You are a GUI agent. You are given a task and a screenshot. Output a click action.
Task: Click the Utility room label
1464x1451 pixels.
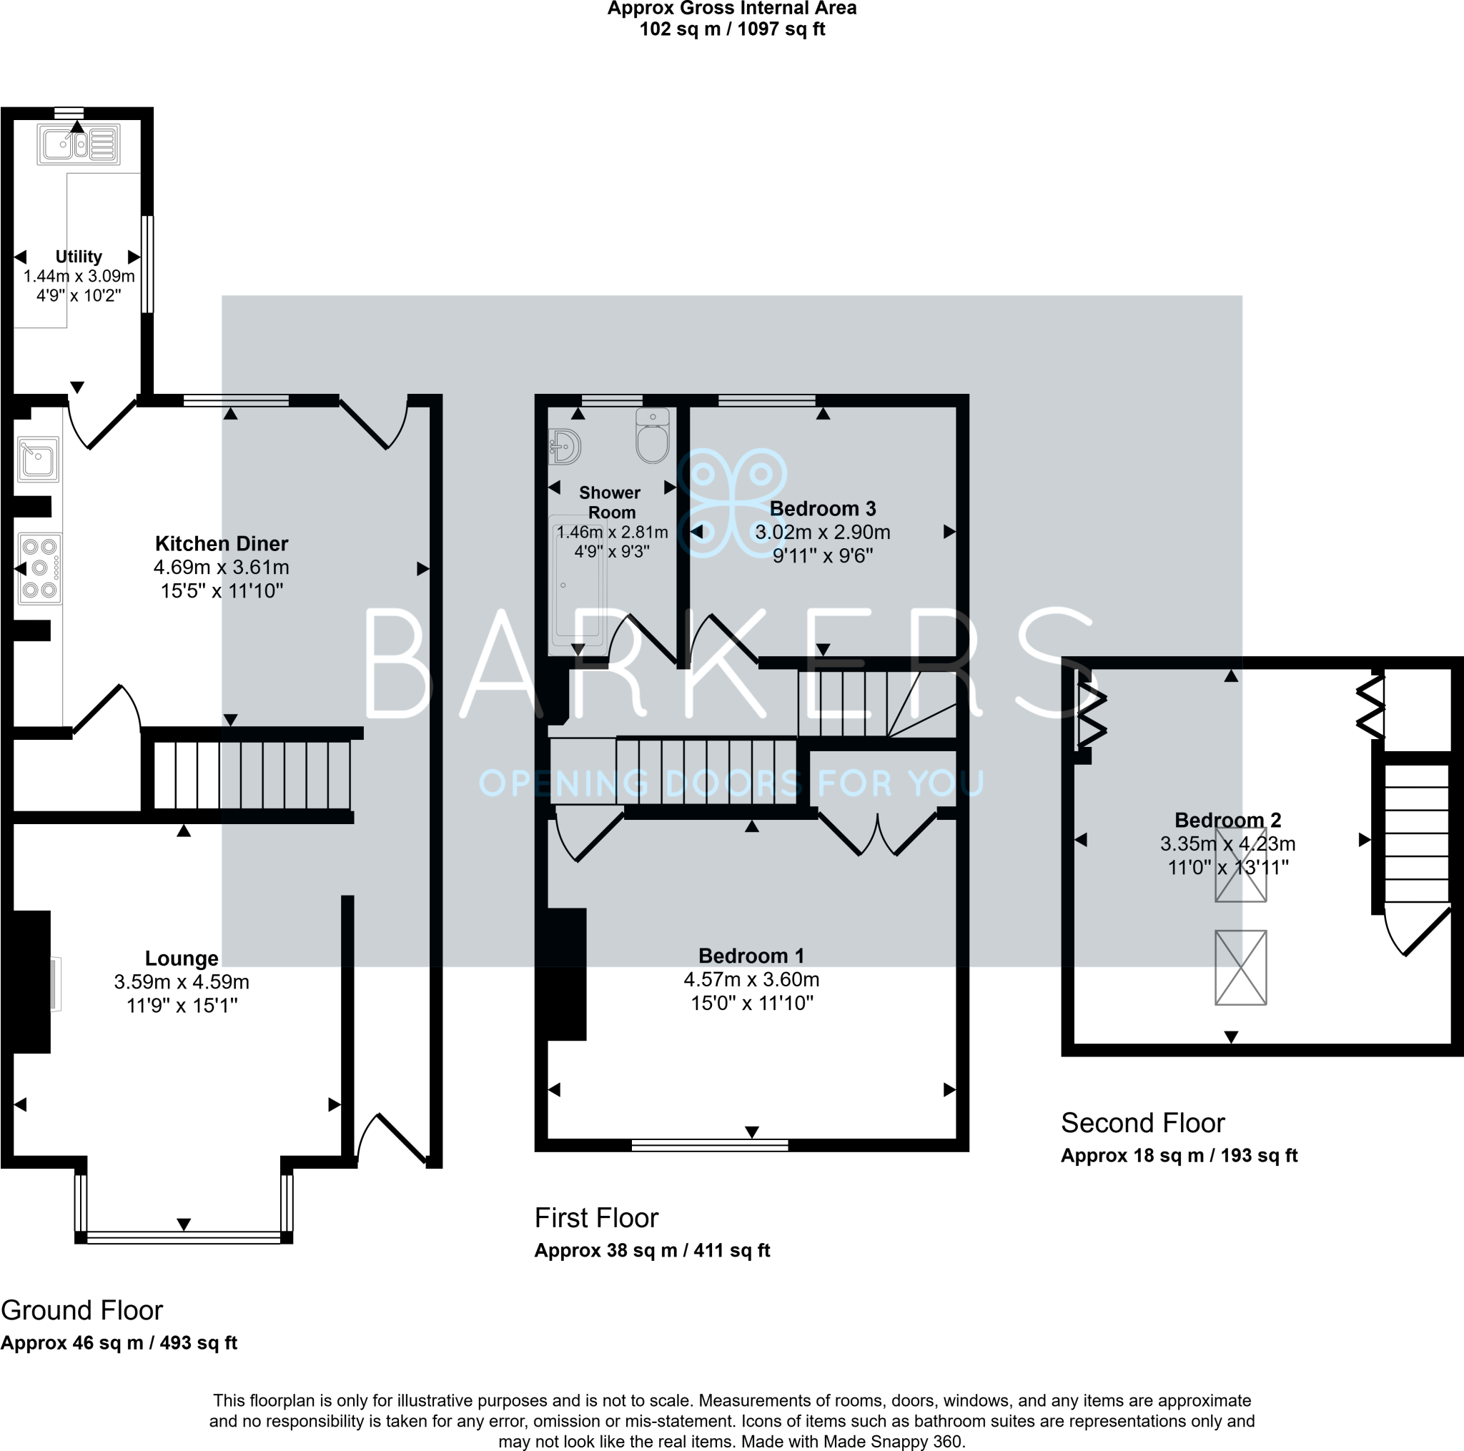pos(79,256)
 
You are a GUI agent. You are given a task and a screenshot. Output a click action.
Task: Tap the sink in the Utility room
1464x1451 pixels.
pos(79,144)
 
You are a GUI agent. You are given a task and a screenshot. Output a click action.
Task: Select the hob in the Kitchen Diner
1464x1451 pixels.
pos(40,568)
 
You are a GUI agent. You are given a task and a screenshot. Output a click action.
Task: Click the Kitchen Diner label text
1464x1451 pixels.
pos(222,543)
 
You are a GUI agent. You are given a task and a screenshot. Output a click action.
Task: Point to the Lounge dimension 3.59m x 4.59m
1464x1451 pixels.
pos(182,982)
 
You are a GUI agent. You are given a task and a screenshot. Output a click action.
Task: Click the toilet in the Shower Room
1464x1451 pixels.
pos(653,436)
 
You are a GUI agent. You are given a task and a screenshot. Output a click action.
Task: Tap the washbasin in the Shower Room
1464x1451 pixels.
pos(565,446)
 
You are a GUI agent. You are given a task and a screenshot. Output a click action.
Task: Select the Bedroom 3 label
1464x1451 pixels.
pos(823,508)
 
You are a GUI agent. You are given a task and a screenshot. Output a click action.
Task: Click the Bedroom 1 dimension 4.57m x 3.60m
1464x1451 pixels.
pos(752,980)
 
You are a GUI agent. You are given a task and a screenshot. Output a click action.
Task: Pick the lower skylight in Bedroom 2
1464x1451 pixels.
pos(1240,968)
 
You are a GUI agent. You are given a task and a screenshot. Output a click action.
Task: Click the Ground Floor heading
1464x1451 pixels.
pos(81,1310)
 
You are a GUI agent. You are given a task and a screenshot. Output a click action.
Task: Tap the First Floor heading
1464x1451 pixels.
pos(596,1218)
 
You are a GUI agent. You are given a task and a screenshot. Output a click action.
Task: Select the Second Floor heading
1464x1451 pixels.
pos(1143,1122)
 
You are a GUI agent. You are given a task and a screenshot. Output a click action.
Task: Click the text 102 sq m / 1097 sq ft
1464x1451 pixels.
pos(732,29)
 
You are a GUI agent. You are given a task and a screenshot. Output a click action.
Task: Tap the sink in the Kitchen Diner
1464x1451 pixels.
pos(39,459)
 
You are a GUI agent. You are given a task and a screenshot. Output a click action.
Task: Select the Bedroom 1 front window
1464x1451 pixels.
pos(710,1146)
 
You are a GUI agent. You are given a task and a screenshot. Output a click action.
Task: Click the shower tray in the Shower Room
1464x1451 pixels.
pos(578,584)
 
